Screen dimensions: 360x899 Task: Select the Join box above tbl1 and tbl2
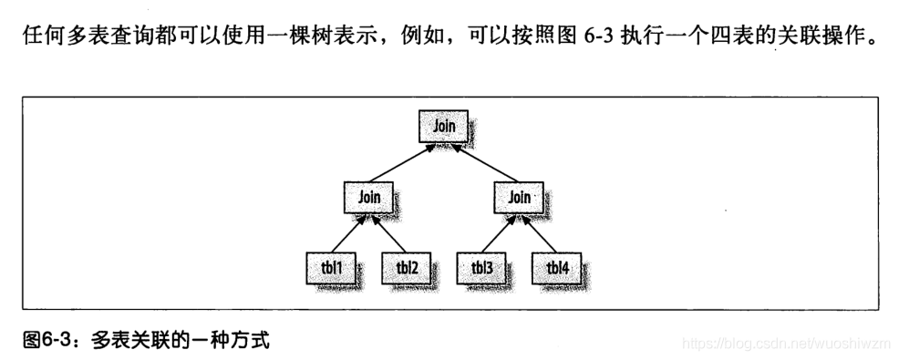tap(368, 196)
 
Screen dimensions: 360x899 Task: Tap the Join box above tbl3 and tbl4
tap(517, 196)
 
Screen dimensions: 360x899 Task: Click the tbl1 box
tap(330, 267)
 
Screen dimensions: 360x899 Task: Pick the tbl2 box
tap(405, 267)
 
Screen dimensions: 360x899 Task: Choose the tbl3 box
tap(480, 267)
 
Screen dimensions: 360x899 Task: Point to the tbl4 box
tap(556, 267)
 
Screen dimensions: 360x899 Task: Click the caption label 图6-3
tap(42, 341)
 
